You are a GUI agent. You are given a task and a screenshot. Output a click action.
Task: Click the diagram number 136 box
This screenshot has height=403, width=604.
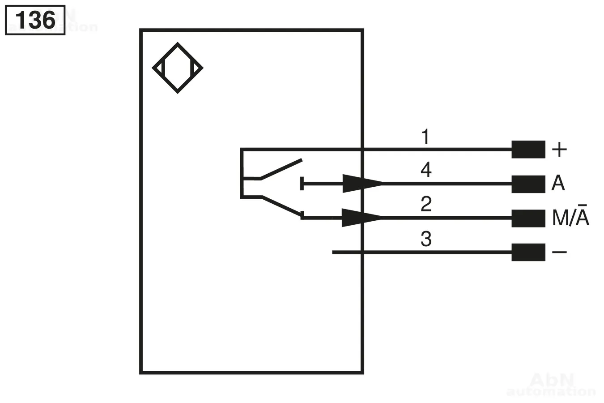(x=35, y=20)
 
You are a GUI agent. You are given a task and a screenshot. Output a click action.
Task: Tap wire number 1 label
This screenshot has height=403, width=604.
(x=425, y=137)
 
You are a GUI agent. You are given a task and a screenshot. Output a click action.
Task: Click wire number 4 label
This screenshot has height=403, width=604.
(x=426, y=170)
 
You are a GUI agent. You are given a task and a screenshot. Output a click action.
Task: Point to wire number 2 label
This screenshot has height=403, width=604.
(x=426, y=204)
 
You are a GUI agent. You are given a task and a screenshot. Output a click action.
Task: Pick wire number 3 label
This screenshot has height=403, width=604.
(x=426, y=239)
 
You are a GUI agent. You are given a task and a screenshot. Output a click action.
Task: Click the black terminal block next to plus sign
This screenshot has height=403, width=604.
(x=528, y=149)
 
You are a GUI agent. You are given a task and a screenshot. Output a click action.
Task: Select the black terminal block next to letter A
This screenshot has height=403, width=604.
(x=528, y=184)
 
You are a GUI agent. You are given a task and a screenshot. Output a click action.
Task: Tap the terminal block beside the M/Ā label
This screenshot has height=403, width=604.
(x=528, y=219)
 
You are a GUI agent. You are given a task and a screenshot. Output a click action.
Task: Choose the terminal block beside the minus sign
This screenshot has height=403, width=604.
(x=528, y=253)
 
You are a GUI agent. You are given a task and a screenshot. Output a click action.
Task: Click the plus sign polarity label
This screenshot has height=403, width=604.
(x=560, y=150)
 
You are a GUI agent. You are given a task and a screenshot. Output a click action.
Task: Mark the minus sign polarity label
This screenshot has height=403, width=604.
(x=560, y=253)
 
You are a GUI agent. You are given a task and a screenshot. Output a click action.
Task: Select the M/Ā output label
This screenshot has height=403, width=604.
(x=570, y=215)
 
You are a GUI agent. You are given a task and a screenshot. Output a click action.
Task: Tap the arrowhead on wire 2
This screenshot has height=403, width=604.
(x=362, y=218)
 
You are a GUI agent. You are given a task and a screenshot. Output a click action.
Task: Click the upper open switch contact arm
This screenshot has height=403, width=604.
(x=281, y=169)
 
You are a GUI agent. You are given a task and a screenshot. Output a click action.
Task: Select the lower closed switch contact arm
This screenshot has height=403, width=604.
(x=282, y=206)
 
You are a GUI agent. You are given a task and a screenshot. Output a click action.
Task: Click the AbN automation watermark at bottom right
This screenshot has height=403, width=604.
(x=551, y=384)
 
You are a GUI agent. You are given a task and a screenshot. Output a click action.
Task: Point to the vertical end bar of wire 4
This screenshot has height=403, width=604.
(x=302, y=184)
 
